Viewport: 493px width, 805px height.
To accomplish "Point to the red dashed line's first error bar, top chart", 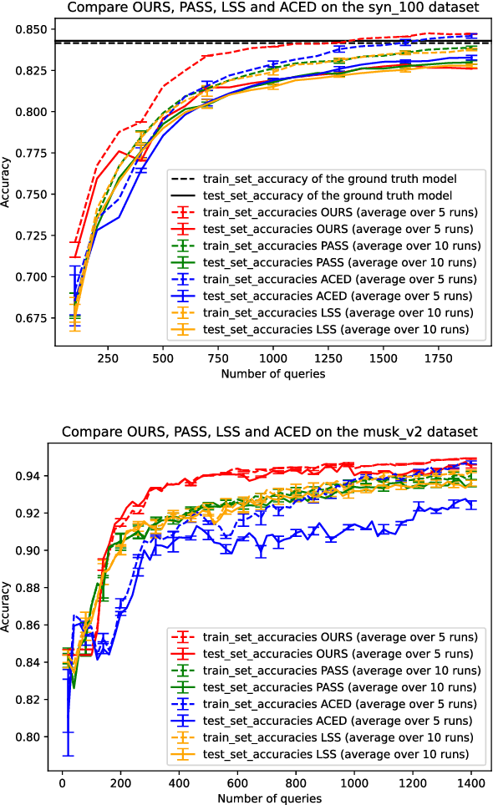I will [x=74, y=243].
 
